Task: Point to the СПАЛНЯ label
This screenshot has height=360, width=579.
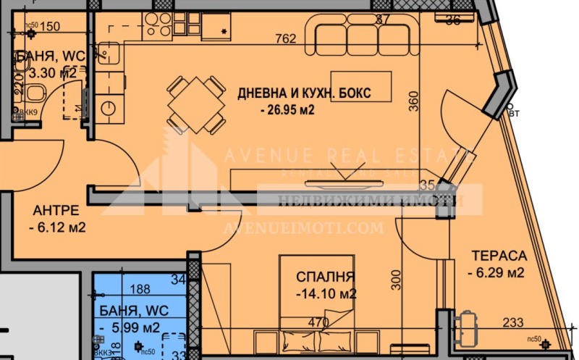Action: pyautogui.click(x=325, y=277)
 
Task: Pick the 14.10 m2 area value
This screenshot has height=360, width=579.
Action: pyautogui.click(x=326, y=294)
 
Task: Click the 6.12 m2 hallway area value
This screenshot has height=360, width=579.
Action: pyautogui.click(x=59, y=227)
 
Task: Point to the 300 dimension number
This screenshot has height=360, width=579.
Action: pyautogui.click(x=395, y=278)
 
